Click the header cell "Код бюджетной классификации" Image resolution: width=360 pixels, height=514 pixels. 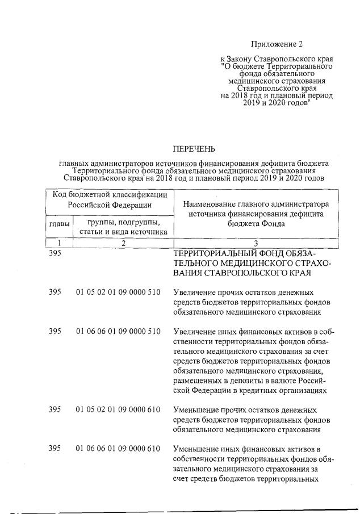(110, 195)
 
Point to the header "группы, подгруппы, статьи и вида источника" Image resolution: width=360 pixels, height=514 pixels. (120, 226)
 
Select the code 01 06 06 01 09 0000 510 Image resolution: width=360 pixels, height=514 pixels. (118, 331)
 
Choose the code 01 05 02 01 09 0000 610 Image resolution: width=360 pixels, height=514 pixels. (118, 409)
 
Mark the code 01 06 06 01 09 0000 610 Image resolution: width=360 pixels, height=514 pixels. (118, 449)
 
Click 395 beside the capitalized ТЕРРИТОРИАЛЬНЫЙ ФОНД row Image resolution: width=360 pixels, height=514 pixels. (55, 253)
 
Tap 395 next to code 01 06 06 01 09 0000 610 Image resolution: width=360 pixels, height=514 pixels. (55, 449)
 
